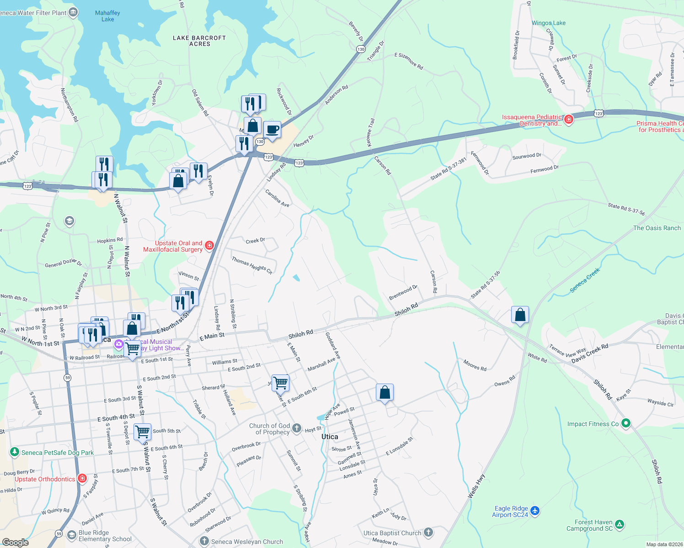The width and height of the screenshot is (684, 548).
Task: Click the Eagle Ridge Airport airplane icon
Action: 535,511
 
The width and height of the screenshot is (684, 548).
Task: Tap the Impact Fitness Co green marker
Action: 626,424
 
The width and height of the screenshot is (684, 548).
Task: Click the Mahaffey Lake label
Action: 107,16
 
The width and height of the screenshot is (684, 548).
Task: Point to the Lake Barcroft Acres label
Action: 199,41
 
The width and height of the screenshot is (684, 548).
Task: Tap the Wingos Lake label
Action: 548,23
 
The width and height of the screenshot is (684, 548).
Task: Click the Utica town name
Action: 330,437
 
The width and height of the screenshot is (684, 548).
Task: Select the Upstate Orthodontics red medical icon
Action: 82,479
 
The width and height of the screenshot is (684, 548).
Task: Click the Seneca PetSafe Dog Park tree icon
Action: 15,452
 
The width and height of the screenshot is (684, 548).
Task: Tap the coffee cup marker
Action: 272,130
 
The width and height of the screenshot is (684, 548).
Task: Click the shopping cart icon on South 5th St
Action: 142,431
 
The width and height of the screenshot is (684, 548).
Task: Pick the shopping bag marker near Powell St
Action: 385,392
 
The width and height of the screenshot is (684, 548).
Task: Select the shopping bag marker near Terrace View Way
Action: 520,315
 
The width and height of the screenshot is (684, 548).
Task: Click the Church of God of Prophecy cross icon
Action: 297,428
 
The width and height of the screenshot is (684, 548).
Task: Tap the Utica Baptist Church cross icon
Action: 428,532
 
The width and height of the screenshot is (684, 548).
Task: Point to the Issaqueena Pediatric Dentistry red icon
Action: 569,120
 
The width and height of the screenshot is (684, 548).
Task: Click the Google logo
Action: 16,542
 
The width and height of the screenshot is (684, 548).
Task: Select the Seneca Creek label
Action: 585,280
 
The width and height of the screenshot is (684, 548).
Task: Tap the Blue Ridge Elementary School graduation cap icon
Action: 71,535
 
